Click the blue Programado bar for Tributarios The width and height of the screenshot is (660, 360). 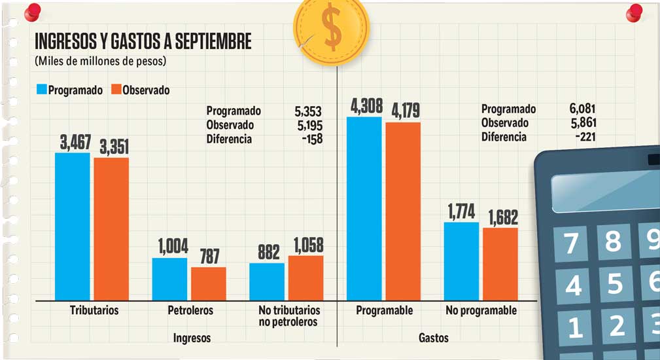point(72,226)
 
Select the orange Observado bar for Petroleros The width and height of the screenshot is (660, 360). point(208,283)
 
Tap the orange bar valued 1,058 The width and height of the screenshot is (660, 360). point(305,277)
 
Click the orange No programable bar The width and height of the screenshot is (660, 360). point(500,263)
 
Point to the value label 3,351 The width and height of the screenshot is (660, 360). point(111,147)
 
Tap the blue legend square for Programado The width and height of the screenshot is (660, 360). point(41,90)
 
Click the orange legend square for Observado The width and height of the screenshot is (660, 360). point(117,90)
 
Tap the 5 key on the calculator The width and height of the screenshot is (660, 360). point(614,285)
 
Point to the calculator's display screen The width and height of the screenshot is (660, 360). point(605,190)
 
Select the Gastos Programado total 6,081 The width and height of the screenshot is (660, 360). point(582,109)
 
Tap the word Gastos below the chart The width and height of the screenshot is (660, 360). point(433,338)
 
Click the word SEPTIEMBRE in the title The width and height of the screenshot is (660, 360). point(213,42)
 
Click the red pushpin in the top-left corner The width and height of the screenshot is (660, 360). point(31,11)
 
